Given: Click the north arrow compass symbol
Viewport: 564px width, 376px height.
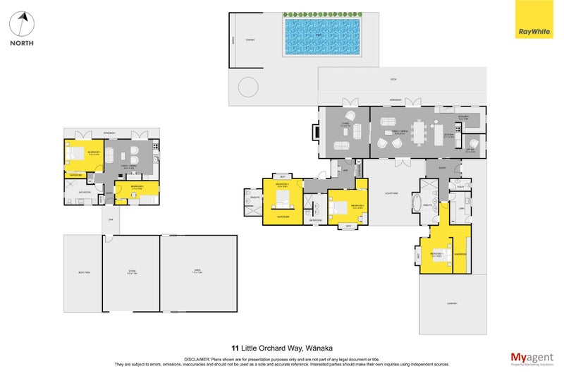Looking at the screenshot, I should click(22, 25).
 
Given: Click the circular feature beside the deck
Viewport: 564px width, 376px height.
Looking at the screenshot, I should click(248, 87).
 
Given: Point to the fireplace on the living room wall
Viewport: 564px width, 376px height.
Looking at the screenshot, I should click(316, 131).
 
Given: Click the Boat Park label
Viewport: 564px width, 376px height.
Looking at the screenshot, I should click(82, 272).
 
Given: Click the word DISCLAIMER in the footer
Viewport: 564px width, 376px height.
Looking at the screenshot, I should click(200, 359).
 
